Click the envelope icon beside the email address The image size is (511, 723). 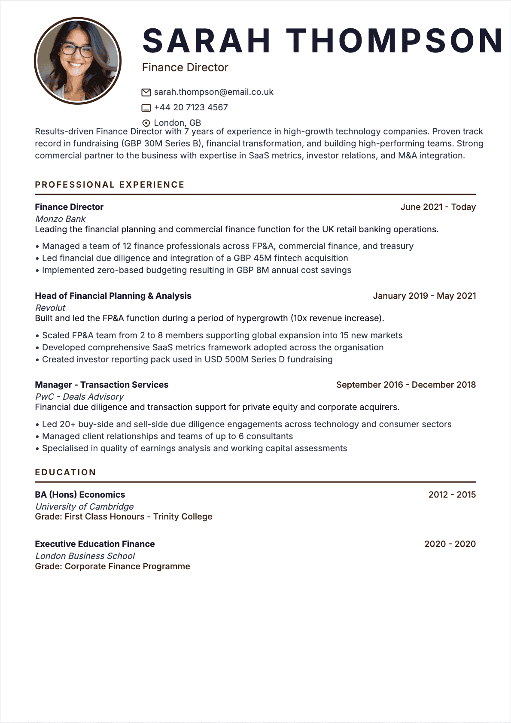pos(146,92)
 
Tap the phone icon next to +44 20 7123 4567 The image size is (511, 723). pos(146,108)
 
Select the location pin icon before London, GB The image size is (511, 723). pos(146,123)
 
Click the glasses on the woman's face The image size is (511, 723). pos(76,50)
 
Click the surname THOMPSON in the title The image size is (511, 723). pos(395,41)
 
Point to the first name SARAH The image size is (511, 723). pos(207,41)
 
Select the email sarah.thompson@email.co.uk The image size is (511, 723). pos(213,92)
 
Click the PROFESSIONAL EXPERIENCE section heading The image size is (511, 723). pos(109,185)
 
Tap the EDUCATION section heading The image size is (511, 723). pos(65,472)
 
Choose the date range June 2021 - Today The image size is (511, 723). pos(438,207)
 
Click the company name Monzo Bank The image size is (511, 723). pos(60,219)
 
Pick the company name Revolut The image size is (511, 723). pos(50,308)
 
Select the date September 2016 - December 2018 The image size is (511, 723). pos(406,385)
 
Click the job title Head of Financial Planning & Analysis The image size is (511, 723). pos(113,296)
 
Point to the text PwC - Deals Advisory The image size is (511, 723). pos(79,397)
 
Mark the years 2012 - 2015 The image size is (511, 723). pos(452,495)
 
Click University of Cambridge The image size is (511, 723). pos(84,507)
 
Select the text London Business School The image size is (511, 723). pos(85,556)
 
